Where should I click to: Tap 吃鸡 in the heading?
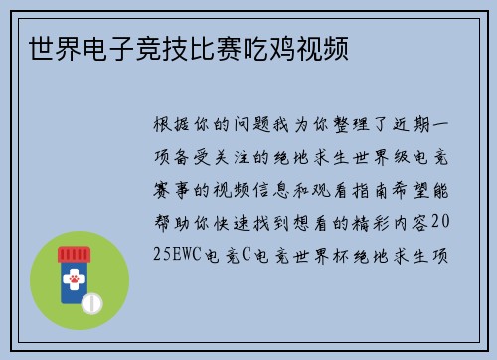tap(261, 47)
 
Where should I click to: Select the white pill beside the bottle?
tap(90, 300)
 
